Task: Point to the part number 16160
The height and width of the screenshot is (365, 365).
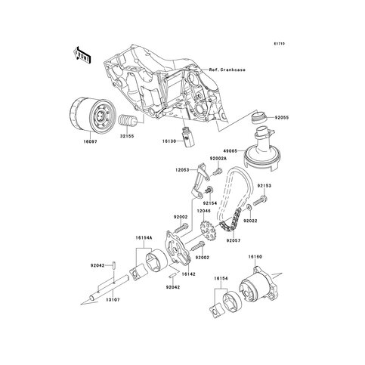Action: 255,257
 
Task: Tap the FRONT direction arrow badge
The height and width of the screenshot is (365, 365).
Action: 82,54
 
